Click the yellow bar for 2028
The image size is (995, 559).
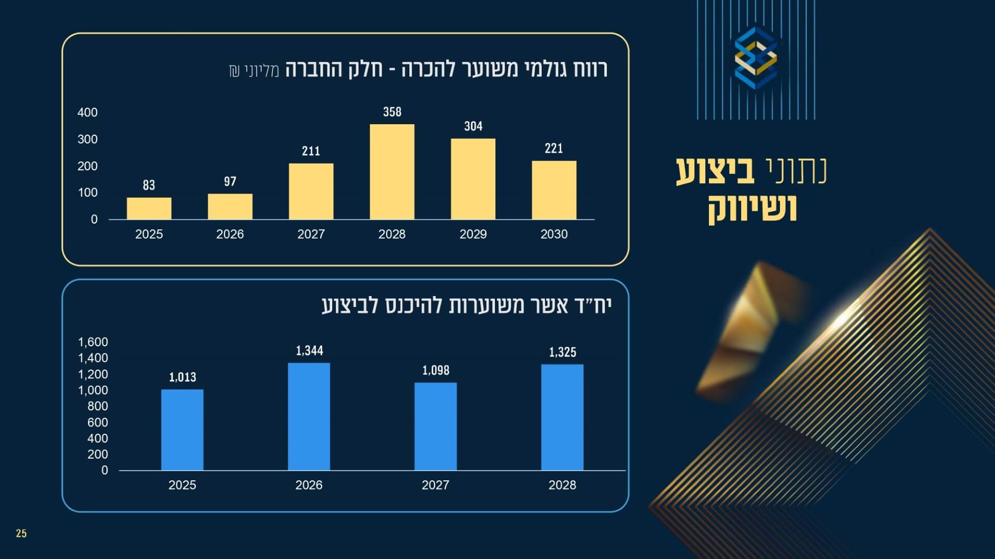pos(392,172)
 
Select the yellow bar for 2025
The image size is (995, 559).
pos(149,209)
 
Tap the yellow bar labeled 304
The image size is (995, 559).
pos(473,179)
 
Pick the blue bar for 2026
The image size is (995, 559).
pos(309,417)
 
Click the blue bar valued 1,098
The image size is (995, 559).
pos(435,426)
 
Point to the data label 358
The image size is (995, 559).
pos(392,112)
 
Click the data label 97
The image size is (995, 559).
pos(230,181)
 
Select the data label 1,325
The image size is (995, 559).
pos(562,352)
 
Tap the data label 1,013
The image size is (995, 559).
pos(182,377)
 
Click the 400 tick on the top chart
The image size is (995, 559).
pos(87,112)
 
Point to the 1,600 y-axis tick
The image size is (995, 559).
pos(93,342)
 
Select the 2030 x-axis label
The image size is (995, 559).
pos(554,234)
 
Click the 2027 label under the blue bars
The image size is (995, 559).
pos(435,485)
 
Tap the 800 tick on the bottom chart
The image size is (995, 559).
pos(97,406)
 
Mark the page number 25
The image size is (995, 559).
pos(21,534)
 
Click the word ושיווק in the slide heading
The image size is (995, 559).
pos(752,209)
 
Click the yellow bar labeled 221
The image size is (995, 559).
pos(554,190)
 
